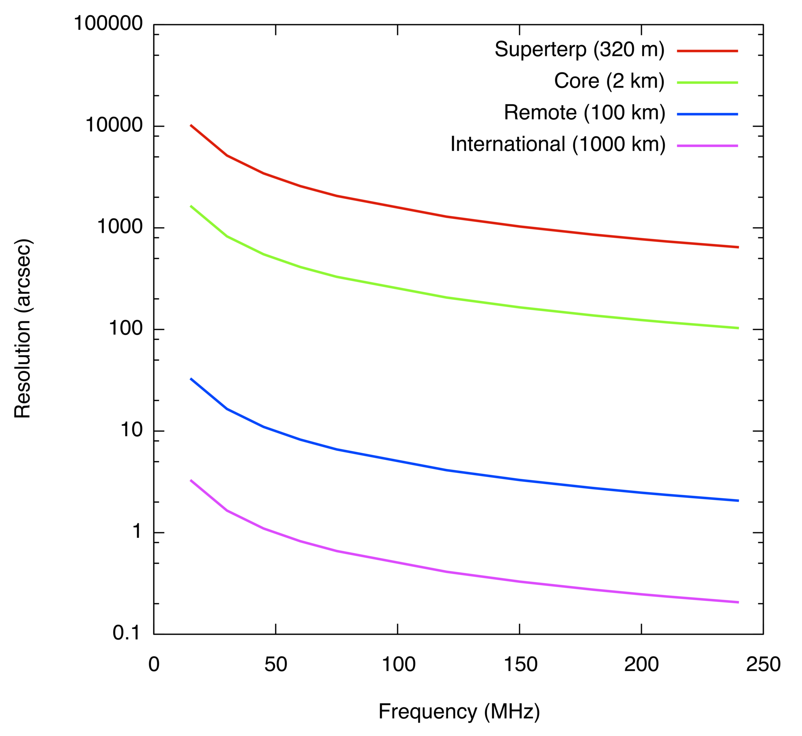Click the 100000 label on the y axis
(x=108, y=24)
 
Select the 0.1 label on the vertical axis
(x=126, y=633)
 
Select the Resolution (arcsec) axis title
(x=22, y=329)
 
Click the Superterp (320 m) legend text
(x=580, y=50)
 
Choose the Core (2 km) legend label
(x=609, y=81)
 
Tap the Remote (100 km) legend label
(x=584, y=113)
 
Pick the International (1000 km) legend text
(x=558, y=144)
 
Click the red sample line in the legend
(x=708, y=51)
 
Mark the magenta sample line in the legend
(x=708, y=146)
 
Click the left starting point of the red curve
(x=191, y=125)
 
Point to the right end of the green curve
(x=738, y=328)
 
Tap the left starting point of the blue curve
(x=191, y=379)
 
